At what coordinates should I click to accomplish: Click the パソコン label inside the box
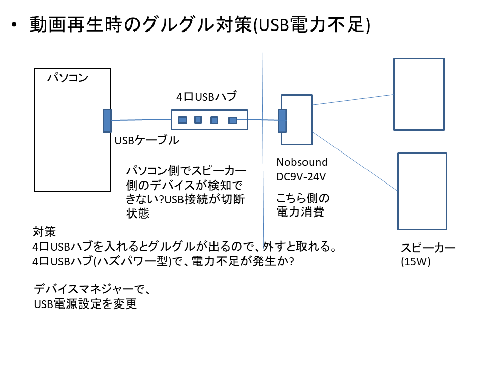click(68, 78)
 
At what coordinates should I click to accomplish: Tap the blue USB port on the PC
click(107, 120)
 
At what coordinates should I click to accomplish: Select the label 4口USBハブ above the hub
click(206, 96)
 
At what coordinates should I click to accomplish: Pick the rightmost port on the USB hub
click(233, 120)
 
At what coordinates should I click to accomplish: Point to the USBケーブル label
click(147, 141)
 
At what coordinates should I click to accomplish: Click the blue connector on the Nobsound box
click(282, 120)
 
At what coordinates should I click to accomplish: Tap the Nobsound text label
click(302, 162)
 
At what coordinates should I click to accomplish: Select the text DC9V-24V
click(301, 177)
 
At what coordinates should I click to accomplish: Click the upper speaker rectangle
click(419, 94)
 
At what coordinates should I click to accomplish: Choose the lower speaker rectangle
click(421, 191)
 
